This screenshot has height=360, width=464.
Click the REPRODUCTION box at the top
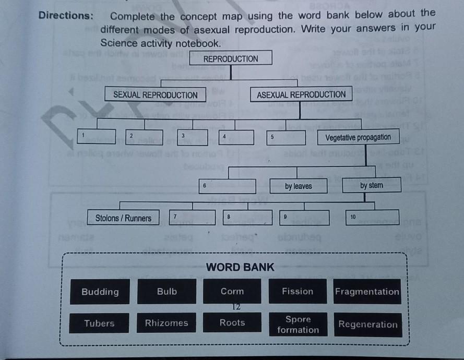231,58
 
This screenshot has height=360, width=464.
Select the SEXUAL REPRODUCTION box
155,95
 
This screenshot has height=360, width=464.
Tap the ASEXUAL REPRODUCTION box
301,94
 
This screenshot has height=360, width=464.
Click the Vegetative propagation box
358,138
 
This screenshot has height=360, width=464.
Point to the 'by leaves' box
299,186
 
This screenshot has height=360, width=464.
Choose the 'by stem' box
372,185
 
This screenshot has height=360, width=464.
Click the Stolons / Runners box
123,218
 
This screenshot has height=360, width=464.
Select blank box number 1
96,137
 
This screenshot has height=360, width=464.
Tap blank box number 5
286,138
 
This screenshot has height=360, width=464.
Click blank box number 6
228,186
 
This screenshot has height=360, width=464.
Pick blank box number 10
372,217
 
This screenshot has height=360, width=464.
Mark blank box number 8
247,218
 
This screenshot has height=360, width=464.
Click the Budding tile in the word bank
100,292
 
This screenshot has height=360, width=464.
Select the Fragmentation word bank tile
367,292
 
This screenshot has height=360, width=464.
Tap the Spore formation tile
298,325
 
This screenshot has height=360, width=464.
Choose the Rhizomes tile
166,323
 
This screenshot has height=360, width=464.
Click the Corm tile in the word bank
232,291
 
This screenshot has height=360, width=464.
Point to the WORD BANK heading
240,268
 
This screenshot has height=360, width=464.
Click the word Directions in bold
66,16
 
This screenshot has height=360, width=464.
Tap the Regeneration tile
368,325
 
